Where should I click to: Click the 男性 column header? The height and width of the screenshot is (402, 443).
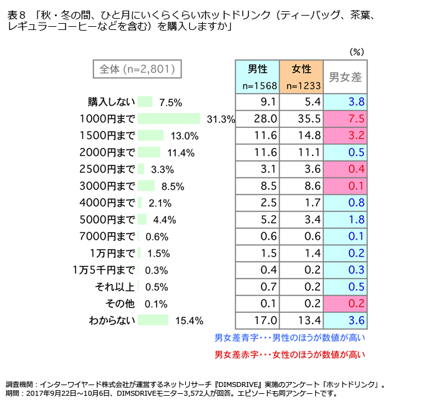tap(258, 70)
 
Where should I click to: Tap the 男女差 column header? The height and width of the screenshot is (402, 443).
tap(345, 77)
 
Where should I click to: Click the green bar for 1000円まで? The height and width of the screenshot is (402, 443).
tap(168, 119)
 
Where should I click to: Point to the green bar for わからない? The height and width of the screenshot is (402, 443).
tap(153, 320)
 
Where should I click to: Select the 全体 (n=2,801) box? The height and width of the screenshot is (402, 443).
tap(137, 69)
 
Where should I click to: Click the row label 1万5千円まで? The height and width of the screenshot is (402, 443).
tap(104, 270)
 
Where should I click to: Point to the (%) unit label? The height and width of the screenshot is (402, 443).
tap(356, 51)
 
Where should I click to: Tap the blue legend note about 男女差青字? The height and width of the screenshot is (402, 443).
tap(290, 338)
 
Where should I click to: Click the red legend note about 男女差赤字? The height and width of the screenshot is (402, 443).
tap(290, 354)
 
